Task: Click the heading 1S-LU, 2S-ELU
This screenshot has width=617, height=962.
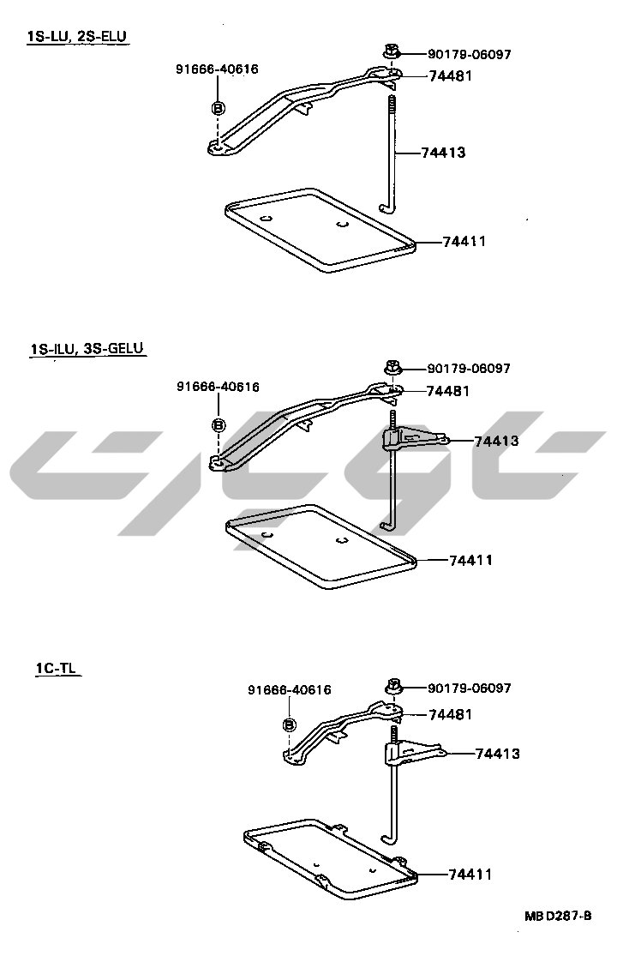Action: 77,36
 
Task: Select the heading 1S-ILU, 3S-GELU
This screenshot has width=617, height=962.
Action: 87,348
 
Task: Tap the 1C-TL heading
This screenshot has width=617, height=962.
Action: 57,668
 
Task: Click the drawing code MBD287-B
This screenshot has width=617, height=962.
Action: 558,916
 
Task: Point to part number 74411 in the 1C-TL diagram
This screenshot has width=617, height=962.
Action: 470,875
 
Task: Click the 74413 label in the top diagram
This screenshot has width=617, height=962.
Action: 443,152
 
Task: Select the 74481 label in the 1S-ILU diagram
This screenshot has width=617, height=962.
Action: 447,391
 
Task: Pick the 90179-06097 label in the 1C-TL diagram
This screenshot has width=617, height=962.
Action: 470,688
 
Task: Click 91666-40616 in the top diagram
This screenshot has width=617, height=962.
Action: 217,69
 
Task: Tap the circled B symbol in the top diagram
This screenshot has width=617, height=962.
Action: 218,108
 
